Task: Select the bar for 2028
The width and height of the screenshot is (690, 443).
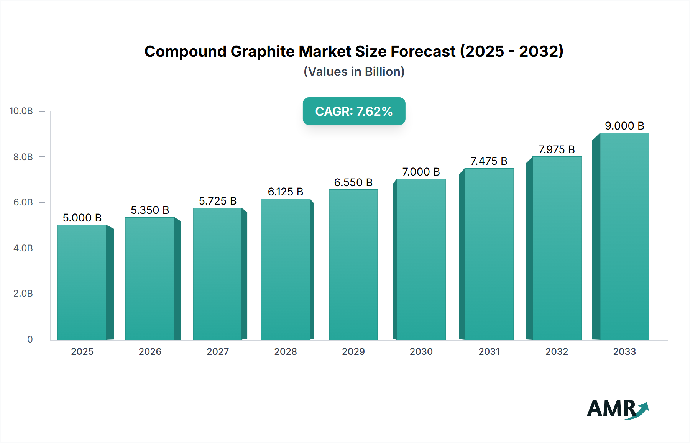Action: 285,269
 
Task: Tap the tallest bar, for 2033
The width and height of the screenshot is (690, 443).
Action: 624,236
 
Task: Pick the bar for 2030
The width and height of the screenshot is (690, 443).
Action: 421,259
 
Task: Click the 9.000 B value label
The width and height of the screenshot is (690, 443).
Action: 624,126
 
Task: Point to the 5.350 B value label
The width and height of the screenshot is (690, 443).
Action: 150,210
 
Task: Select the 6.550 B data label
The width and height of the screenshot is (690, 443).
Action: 353,182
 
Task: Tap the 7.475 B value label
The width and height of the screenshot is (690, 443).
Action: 489,161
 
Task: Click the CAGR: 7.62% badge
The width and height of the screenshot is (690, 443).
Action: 354,111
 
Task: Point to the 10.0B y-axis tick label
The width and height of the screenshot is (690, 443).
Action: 21,111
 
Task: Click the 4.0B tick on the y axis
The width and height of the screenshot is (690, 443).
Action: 23,248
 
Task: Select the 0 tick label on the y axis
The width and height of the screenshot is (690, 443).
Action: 30,339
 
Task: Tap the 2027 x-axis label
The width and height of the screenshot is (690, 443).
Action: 218,351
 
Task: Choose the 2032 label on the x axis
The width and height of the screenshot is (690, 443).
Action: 557,351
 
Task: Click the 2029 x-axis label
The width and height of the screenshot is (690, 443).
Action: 353,351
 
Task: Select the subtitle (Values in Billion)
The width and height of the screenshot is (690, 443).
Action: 354,72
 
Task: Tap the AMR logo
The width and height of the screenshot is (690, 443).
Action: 617,409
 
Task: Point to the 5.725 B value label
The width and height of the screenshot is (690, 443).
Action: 217,201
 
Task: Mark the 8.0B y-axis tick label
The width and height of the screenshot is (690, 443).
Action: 23,157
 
